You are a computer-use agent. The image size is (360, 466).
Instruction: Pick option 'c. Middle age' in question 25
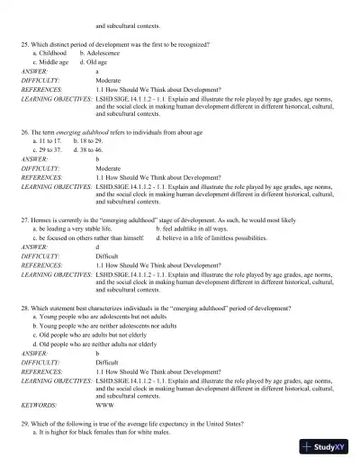pos(50,62)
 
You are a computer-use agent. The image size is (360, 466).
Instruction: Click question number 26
pos(25,131)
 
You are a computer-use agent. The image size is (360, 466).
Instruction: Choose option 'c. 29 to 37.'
pos(48,150)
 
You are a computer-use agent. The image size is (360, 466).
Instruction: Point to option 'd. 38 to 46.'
pos(92,150)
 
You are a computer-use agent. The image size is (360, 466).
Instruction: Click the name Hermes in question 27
pos(42,220)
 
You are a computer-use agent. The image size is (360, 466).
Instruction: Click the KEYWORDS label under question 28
pos(38,405)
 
